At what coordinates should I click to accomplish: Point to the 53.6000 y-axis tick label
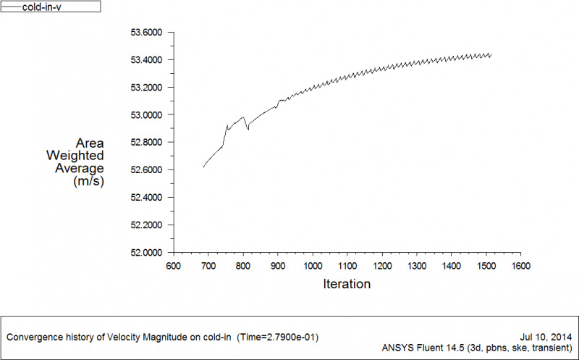(147, 33)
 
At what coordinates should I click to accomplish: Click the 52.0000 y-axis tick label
(147, 253)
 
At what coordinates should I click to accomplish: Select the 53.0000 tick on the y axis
(147, 115)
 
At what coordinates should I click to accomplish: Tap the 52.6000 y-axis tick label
(147, 170)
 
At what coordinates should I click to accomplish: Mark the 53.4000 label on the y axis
(147, 60)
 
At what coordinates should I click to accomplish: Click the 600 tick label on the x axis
(174, 266)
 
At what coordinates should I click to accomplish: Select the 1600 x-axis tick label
(520, 266)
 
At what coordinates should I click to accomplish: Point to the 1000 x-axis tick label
(313, 266)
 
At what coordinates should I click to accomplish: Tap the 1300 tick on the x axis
(416, 266)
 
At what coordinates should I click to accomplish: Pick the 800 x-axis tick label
(243, 266)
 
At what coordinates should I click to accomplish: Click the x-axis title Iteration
(347, 284)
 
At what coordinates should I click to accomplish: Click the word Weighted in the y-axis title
(75, 156)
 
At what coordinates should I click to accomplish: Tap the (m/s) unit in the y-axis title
(89, 182)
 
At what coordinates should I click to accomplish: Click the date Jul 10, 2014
(546, 337)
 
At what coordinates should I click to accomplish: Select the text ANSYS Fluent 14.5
(421, 348)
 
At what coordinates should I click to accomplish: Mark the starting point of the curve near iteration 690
(203, 167)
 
